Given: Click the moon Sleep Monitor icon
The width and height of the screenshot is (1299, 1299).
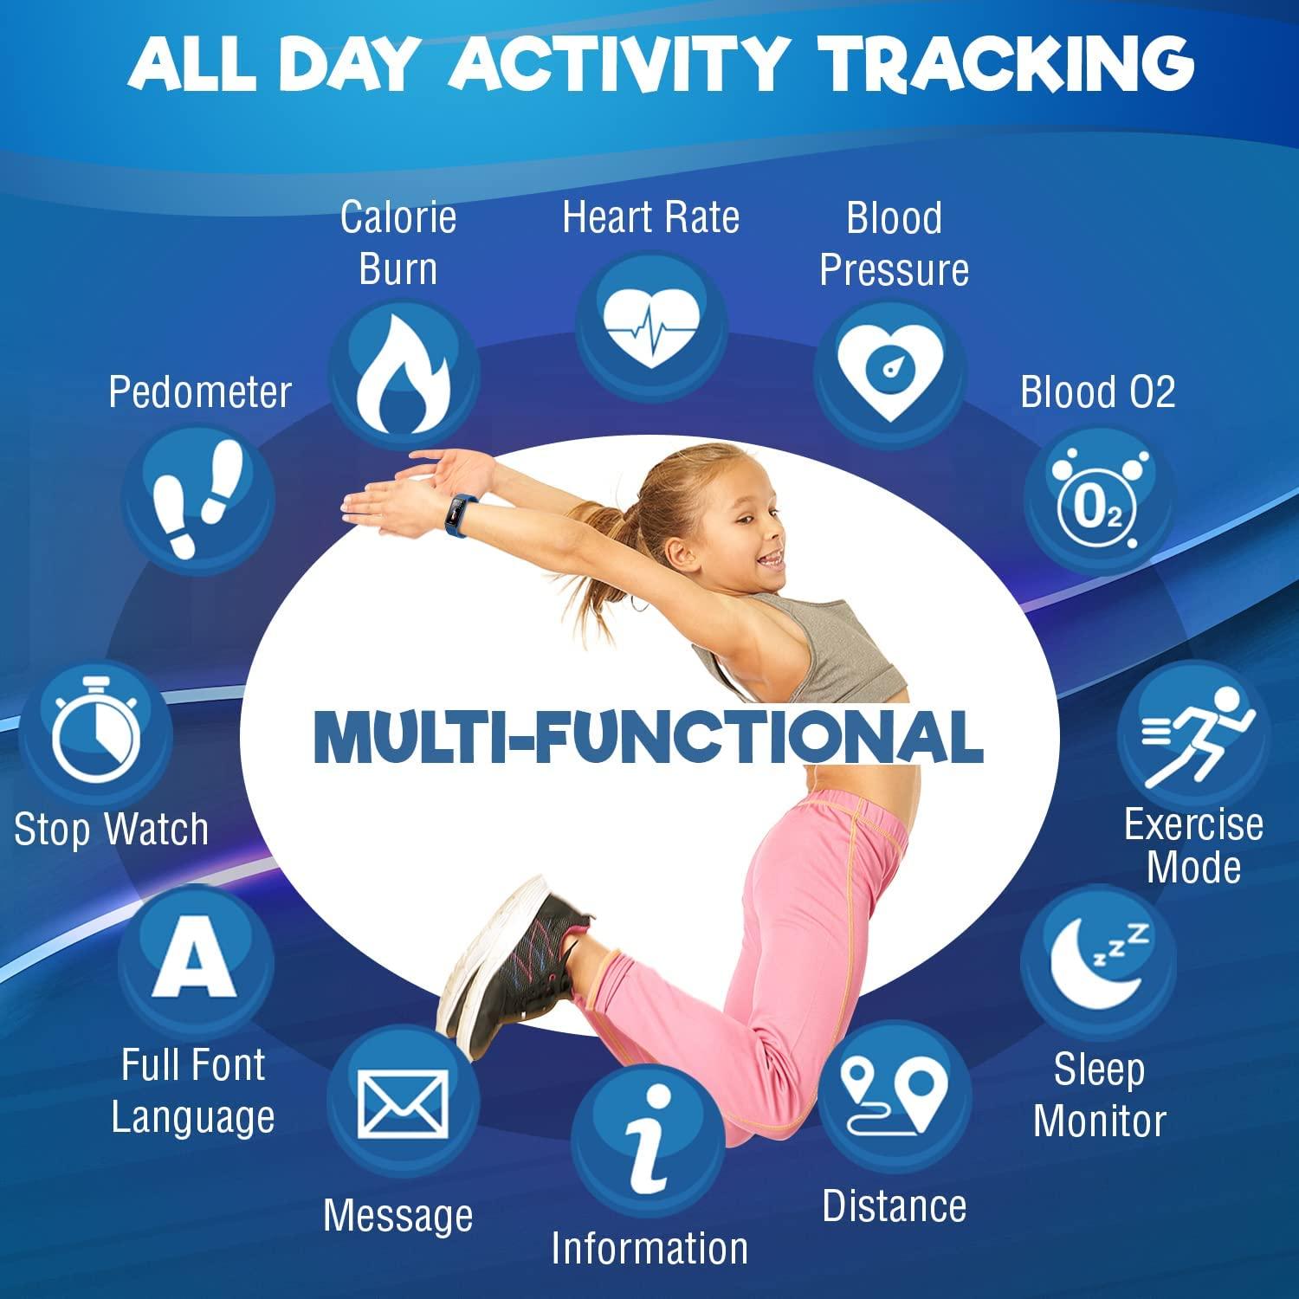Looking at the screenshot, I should (x=1098, y=960).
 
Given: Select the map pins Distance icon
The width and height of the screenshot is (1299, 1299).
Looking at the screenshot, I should (x=895, y=1094).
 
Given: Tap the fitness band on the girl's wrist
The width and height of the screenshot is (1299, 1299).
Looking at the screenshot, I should (x=457, y=514).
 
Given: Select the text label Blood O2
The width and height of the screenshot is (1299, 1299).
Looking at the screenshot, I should (x=1097, y=392).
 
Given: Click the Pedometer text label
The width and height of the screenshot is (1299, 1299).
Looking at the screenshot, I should (x=200, y=392).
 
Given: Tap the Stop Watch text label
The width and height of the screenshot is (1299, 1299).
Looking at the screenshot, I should (x=112, y=830).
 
